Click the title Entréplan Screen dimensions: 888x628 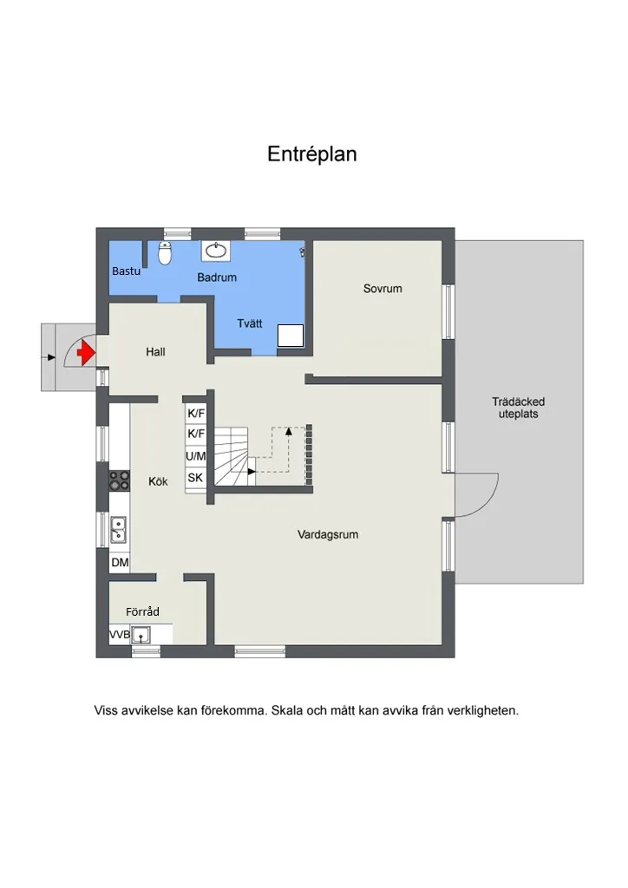312,154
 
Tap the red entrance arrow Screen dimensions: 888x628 85,353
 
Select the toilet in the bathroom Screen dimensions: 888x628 165,252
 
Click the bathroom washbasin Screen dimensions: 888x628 215,251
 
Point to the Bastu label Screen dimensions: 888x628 126,271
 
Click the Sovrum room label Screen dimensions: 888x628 383,289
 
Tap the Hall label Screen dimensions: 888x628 155,352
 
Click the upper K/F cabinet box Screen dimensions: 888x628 196,414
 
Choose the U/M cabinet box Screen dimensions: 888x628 196,455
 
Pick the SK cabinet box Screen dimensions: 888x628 195,477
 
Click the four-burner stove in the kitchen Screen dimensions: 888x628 119,480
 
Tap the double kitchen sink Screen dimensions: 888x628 119,528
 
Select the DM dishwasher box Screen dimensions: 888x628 119,563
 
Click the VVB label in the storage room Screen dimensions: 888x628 119,636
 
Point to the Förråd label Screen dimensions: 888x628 142,611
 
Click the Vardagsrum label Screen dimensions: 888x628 328,534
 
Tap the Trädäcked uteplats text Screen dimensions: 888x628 518,408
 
